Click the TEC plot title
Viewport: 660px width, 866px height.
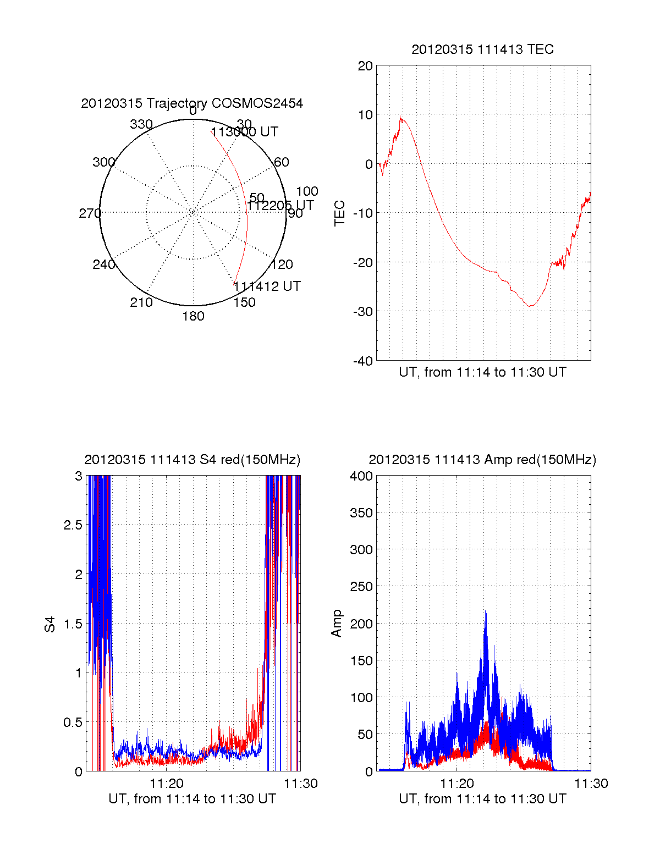click(482, 49)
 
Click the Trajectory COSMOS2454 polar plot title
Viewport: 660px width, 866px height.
click(192, 103)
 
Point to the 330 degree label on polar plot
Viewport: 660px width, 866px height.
click(141, 124)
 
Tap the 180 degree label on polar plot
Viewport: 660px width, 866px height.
click(193, 316)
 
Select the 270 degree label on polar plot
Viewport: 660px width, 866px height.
click(90, 213)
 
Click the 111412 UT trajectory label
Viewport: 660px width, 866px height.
click(267, 286)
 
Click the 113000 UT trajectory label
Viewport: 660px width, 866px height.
click(245, 132)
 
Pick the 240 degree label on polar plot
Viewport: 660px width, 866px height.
click(103, 264)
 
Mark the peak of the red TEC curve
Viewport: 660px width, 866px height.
click(401, 117)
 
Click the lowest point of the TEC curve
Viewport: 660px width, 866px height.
click(530, 306)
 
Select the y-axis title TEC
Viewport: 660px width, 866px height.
click(340, 213)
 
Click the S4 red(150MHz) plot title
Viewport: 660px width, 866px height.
click(192, 460)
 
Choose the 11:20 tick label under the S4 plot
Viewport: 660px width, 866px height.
click(167, 784)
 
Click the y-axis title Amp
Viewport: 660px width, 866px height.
click(337, 623)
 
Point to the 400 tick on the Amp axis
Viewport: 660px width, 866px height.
click(361, 476)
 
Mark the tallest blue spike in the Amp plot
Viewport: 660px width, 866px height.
click(485, 611)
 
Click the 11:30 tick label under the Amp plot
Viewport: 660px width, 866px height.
click(591, 784)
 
